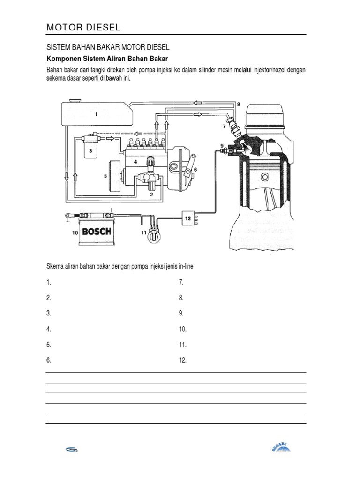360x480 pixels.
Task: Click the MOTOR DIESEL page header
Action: pyautogui.click(x=83, y=28)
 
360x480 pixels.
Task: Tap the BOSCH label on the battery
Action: pyautogui.click(x=97, y=231)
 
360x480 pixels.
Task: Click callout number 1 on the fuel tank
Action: pyautogui.click(x=96, y=113)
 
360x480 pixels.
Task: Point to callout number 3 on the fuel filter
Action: pyautogui.click(x=90, y=151)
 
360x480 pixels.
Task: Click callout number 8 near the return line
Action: pyautogui.click(x=238, y=104)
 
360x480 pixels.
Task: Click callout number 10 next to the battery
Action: pyautogui.click(x=75, y=232)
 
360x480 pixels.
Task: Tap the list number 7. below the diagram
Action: pyautogui.click(x=181, y=282)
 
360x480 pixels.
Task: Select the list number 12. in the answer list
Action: pyautogui.click(x=183, y=360)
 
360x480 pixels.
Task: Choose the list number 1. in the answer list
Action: pyautogui.click(x=49, y=282)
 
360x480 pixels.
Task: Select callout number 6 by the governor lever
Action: pyautogui.click(x=195, y=169)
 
